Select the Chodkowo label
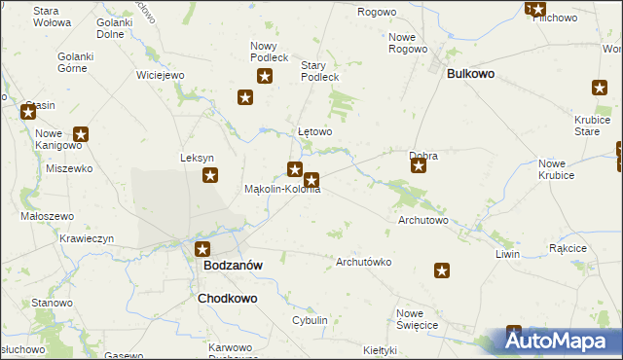pyautogui.click(x=228, y=299)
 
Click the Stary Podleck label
pyautogui.click(x=319, y=71)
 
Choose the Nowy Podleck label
pyautogui.click(x=270, y=52)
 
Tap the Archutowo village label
pyautogui.click(x=423, y=221)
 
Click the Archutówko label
pyautogui.click(x=363, y=262)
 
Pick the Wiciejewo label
pyautogui.click(x=161, y=75)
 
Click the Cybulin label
pyautogui.click(x=310, y=320)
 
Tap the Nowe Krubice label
pyautogui.click(x=557, y=168)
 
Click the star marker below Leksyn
pyautogui.click(x=210, y=175)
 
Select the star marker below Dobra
pyautogui.click(x=419, y=166)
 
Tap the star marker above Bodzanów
pyautogui.click(x=202, y=248)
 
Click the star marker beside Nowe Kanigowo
pyautogui.click(x=81, y=135)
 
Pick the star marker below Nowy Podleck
pyautogui.click(x=245, y=96)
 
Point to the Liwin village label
pyautogui.click(x=507, y=254)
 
